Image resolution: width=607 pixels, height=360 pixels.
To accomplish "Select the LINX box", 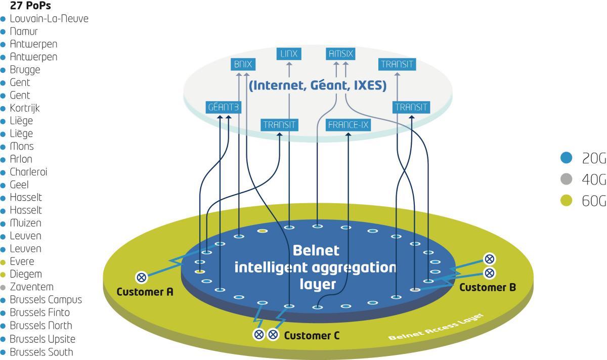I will pos(289,53).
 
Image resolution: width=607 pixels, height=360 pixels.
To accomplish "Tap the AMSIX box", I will pos(341,53).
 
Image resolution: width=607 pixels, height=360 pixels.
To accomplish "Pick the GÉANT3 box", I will pos(223,108).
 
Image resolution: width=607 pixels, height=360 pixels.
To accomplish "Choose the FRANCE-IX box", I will pos(349,124).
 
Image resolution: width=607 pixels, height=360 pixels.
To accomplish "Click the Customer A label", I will pos(145,292).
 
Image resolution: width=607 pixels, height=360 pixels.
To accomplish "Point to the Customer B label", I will pos(487,287).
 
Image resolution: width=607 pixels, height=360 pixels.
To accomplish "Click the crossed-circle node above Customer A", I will pos(142,277).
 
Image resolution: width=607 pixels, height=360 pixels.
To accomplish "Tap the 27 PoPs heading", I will pos(30,7).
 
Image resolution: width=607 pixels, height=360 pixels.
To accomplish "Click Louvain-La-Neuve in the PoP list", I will pos(49,19).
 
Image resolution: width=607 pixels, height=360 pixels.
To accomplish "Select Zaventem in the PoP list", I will pos(31,287).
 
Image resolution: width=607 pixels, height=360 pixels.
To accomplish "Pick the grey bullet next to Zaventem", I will pos(3,287).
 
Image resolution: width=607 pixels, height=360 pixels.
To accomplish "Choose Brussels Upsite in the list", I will pos(42,339).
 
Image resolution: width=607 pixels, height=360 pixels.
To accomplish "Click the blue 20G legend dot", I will pos(566,158).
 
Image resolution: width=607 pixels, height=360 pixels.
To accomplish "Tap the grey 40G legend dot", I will pos(566,179).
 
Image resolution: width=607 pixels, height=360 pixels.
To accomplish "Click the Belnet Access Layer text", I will pos(436,328).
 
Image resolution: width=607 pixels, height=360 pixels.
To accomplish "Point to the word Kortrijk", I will pos(25,108).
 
